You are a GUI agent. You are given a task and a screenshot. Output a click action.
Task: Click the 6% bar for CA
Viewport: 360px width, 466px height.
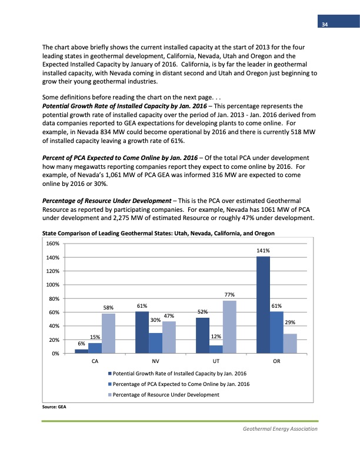click(x=81, y=351)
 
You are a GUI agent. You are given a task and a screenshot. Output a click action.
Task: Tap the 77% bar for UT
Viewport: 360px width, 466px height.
click(x=229, y=327)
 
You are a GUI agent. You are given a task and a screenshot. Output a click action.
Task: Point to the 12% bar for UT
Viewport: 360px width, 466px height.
click(x=216, y=349)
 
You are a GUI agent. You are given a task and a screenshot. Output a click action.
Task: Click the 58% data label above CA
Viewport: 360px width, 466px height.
click(x=108, y=307)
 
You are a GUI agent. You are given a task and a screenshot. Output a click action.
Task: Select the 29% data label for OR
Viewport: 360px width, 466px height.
click(x=290, y=322)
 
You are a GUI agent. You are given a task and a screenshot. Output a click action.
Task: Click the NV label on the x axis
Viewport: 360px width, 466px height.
click(x=155, y=361)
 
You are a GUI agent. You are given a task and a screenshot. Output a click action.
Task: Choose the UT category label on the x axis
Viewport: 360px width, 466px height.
click(x=216, y=361)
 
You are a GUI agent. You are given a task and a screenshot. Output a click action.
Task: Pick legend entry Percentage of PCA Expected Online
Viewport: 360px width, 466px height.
click(x=178, y=384)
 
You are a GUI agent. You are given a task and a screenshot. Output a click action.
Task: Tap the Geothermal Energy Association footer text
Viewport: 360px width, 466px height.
click(x=280, y=429)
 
